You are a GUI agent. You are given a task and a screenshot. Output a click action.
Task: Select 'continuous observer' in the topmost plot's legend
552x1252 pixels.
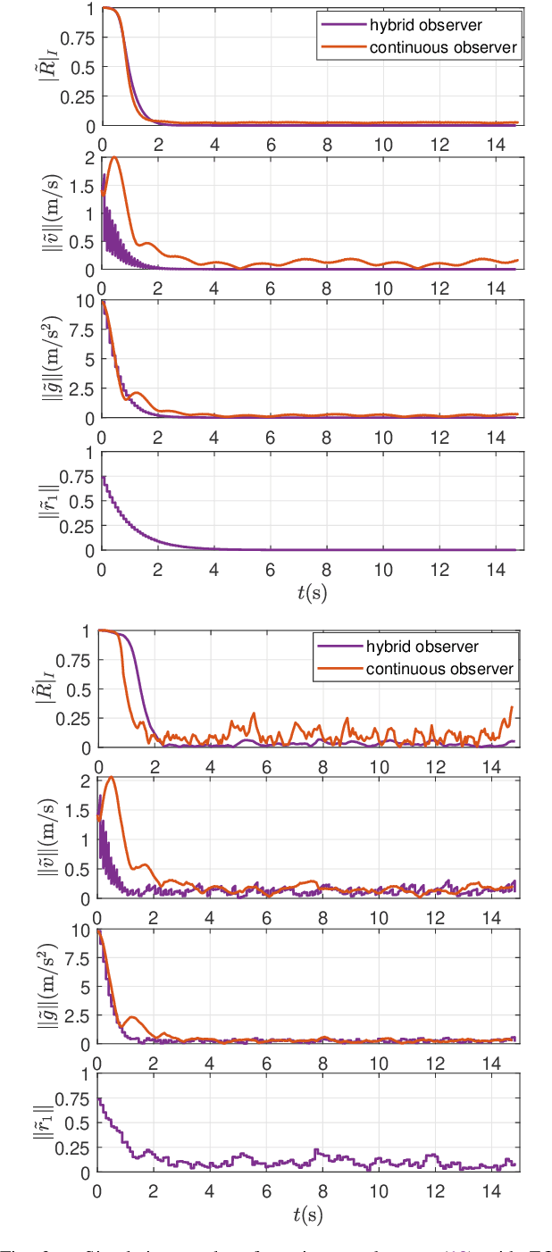[443, 47]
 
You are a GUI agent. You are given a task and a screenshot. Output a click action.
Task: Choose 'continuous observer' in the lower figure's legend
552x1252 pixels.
[441, 668]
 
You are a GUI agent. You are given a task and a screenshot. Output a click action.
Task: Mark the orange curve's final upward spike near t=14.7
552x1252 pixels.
[512, 707]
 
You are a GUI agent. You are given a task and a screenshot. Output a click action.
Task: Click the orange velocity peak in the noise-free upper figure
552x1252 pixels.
[113, 158]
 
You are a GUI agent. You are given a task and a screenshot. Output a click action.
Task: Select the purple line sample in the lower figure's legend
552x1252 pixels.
[340, 647]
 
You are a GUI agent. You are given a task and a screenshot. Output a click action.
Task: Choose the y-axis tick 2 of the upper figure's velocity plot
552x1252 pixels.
[88, 158]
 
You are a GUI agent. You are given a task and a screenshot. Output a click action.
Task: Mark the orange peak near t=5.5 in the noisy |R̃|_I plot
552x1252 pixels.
[254, 714]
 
